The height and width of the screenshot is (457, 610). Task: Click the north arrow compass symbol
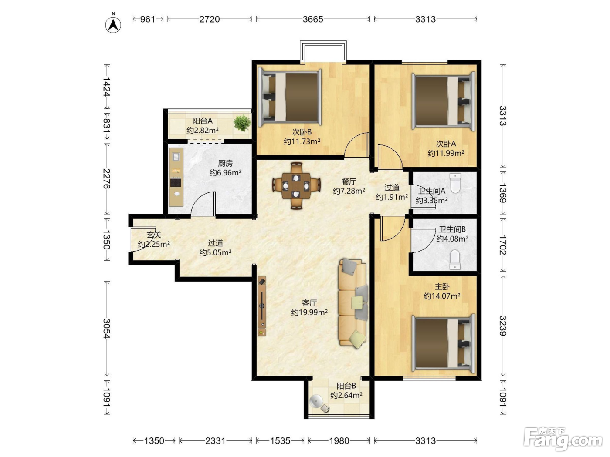113,25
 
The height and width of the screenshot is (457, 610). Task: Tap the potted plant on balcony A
242,123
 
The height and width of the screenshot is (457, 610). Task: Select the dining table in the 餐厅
296,186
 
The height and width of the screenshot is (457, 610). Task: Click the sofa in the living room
353,303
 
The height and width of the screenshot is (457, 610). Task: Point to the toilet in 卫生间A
455,183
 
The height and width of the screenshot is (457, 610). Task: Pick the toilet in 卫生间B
455,260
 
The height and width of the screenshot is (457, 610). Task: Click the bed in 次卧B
290,97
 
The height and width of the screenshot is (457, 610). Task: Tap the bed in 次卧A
444,101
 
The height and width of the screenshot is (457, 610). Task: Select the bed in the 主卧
444,343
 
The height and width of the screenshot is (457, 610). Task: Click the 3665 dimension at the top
313,19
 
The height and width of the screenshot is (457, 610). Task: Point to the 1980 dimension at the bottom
339,440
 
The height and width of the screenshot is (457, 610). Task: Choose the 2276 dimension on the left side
107,179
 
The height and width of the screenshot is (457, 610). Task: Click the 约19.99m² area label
309,312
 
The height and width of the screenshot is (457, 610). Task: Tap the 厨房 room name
225,163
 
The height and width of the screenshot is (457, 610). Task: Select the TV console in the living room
262,306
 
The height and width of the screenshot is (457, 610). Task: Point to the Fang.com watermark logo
563,439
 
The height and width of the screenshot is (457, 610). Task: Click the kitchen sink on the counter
176,157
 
